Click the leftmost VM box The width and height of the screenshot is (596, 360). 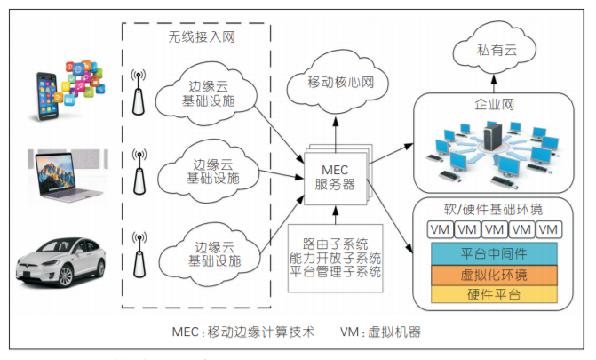pyautogui.click(x=441, y=230)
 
